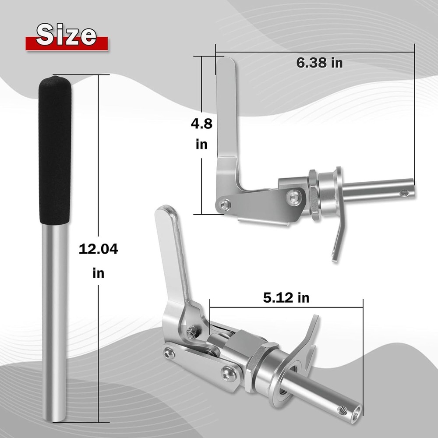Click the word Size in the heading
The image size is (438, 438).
67,35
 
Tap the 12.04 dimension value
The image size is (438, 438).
98,249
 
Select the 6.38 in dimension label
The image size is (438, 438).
320,63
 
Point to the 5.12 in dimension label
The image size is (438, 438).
286,298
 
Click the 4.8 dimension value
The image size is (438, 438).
201,124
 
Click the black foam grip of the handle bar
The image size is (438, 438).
55,149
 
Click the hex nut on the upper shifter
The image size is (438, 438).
314,195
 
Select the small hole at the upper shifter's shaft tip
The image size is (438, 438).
404,192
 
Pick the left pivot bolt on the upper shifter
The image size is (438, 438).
224,205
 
